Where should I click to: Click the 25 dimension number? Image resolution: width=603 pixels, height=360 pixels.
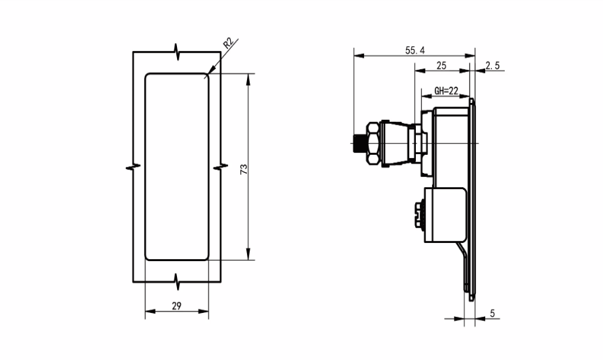pyautogui.click(x=442, y=66)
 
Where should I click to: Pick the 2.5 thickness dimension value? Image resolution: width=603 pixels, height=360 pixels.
pyautogui.click(x=492, y=66)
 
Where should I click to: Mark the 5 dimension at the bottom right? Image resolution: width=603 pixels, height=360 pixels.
pyautogui.click(x=493, y=313)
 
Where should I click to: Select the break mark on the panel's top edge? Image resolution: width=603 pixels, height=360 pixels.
pyautogui.click(x=176, y=51)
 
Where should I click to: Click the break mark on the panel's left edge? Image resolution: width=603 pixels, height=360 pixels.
pyautogui.click(x=133, y=166)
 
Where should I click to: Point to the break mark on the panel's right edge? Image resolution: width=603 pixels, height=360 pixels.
pyautogui.click(x=219, y=166)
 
